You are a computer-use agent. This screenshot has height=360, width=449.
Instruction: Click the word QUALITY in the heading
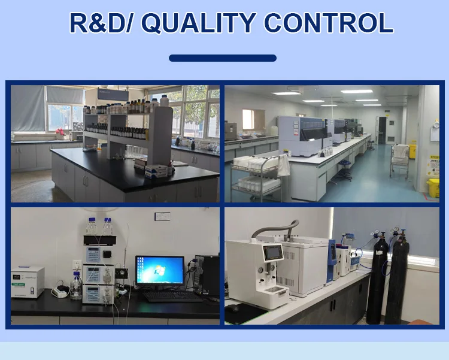[198, 23]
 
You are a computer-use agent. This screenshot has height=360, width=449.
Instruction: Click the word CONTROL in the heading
[329, 23]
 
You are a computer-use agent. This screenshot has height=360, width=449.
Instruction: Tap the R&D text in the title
[98, 23]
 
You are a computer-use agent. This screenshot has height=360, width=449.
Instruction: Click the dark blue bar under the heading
[223, 58]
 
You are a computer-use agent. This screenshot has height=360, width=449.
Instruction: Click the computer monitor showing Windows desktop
[160, 271]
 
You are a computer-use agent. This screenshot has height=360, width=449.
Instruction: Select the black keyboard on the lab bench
[172, 297]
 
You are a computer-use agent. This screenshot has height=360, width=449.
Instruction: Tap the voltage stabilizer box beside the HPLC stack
[28, 282]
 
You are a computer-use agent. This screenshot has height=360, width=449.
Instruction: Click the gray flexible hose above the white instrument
[275, 228]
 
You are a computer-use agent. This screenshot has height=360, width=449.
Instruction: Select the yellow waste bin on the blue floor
[433, 187]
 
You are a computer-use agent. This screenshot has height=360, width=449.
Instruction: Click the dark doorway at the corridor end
[383, 130]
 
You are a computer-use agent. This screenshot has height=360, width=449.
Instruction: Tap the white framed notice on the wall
[163, 216]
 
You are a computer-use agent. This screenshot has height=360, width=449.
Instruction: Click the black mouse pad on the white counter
[244, 313]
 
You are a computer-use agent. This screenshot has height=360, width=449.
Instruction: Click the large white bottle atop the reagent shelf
[165, 101]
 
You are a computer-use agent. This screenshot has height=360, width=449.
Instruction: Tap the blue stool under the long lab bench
[344, 171]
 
